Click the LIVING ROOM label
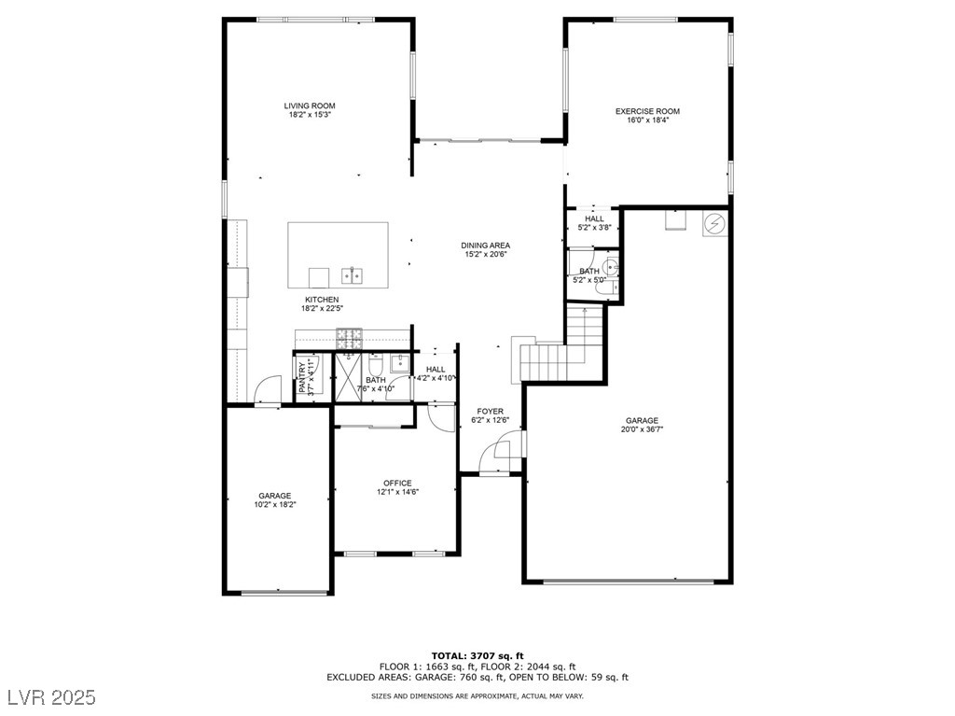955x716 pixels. click(310, 105)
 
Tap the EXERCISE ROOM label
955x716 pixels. click(647, 111)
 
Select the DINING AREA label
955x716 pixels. click(485, 246)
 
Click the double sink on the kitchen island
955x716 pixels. click(352, 275)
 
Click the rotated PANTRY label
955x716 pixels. click(302, 378)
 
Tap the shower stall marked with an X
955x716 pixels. click(349, 377)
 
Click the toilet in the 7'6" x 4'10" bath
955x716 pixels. click(375, 365)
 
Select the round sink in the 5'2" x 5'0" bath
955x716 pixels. click(610, 267)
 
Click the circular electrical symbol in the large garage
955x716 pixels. click(713, 224)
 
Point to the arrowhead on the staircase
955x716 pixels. click(585, 311)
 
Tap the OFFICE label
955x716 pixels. click(397, 483)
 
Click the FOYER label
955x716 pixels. click(491, 411)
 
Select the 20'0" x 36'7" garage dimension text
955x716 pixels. click(642, 429)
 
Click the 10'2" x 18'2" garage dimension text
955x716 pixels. click(275, 504)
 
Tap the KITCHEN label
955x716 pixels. click(322, 300)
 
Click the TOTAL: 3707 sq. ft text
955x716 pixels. click(477, 656)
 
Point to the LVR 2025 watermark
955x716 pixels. click(52, 697)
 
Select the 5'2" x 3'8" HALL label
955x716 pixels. click(594, 223)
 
